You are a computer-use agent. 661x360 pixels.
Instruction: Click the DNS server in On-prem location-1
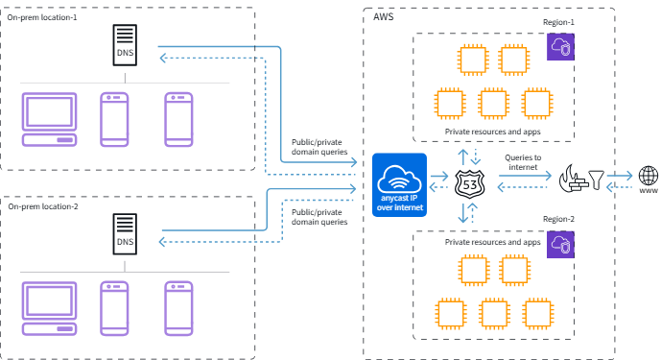tap(125, 45)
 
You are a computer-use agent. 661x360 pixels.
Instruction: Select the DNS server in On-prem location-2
tap(125, 234)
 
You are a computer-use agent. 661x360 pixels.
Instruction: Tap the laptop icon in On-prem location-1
tap(49, 119)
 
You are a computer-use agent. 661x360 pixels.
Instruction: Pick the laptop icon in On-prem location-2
tap(49, 308)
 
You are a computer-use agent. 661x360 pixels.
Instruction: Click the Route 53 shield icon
tap(470, 183)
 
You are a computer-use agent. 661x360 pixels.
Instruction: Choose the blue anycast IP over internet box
tap(399, 185)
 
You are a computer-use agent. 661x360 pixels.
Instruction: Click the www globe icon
tap(649, 179)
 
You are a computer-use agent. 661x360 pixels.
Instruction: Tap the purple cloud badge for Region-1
tap(560, 47)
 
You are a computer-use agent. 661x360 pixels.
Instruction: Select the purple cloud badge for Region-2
tap(560, 245)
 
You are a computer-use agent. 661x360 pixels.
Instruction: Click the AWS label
tap(383, 17)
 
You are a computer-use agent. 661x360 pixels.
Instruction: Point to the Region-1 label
tap(558, 22)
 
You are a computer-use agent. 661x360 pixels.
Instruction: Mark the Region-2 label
tap(558, 219)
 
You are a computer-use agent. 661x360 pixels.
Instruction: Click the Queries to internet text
tap(523, 162)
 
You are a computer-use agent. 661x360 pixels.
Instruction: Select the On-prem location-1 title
tap(42, 17)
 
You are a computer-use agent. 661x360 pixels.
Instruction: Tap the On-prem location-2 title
tap(43, 206)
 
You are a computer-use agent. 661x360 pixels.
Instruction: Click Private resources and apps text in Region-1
tap(492, 132)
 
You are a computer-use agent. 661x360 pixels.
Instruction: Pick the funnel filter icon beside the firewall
tap(596, 180)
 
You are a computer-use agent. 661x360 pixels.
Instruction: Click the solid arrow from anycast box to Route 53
tap(439, 176)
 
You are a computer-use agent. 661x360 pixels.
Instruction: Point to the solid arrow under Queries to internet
tap(525, 176)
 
